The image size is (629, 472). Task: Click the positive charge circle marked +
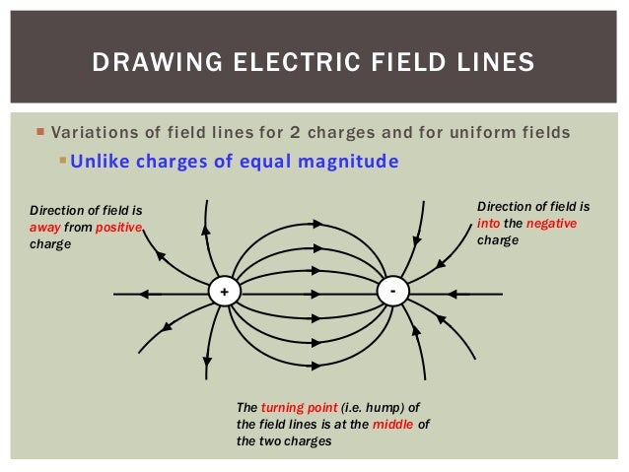[x=225, y=293]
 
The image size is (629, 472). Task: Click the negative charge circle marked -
[x=393, y=292]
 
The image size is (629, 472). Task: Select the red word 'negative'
[x=551, y=224]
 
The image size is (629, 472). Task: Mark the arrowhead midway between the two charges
[x=314, y=293]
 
